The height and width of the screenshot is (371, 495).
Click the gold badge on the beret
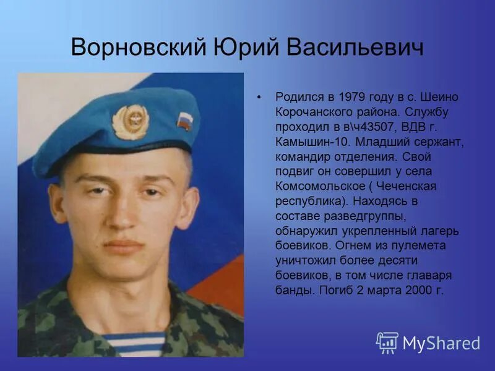131,121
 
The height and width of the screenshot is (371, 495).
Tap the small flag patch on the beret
185,119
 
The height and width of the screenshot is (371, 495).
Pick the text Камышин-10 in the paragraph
308,141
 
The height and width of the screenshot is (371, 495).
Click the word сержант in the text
443,141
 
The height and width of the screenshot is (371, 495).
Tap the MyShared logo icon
387,342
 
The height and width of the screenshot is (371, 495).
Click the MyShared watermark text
442,343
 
